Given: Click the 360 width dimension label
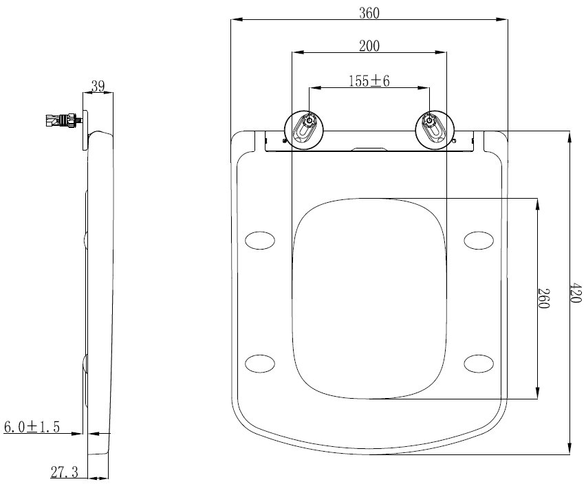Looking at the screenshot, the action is pos(369,13).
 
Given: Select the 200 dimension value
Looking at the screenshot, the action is pos(369,46).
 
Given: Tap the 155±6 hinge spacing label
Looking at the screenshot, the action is pos(369,80).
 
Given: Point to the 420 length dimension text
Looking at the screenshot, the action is pos(576,293).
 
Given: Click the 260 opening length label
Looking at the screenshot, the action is pos(543,298).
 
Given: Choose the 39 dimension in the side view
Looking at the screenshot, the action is pos(98,87).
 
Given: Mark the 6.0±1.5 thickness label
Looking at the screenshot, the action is pos(32,426).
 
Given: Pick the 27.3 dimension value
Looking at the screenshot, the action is pos(65,472).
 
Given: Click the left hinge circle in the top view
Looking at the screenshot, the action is pos(304,130).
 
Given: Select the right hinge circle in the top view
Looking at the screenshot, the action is pos(435,130).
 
